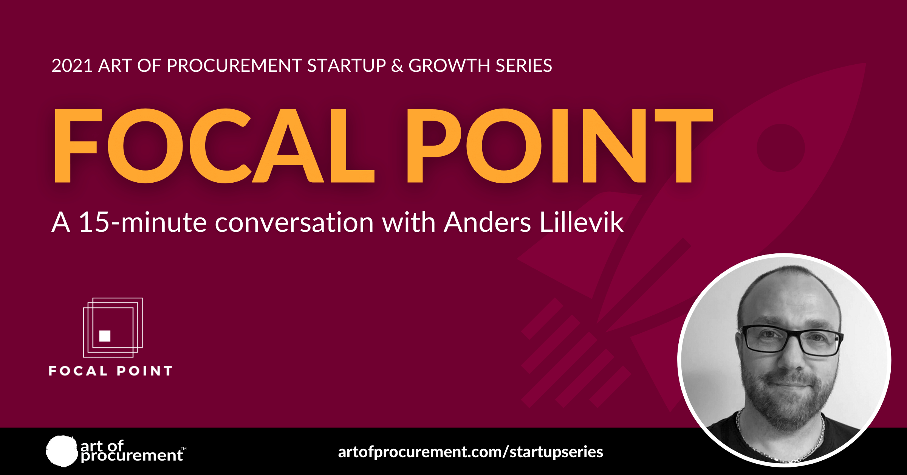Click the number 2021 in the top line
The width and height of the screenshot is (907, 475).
72,66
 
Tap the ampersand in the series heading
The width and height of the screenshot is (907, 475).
397,66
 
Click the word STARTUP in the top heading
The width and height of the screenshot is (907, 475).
346,66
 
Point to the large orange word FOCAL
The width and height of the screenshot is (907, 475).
214,146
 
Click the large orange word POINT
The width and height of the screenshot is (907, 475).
559,146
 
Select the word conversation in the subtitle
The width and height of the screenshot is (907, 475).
294,223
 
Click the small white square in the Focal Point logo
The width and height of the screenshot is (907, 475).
105,336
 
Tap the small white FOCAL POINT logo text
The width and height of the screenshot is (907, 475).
111,371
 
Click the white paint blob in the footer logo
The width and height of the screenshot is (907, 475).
62,451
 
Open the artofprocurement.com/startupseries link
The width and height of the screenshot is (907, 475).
471,452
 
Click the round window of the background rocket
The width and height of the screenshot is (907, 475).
781,147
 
